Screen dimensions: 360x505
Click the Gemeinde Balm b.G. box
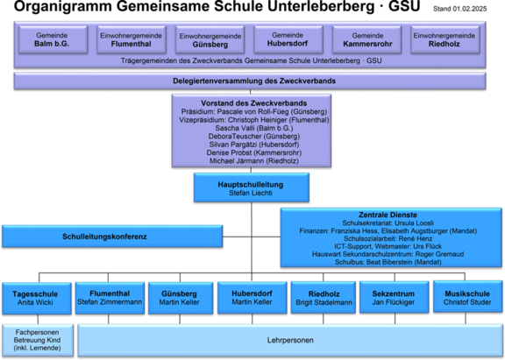pos(51,39)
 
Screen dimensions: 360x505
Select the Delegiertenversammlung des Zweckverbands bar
pos(252,81)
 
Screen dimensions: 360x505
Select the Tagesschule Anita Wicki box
pos(35,297)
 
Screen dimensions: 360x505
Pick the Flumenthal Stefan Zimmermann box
pos(110,297)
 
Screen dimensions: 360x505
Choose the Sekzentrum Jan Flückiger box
pos(394,297)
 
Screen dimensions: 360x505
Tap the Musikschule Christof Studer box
pos(468,297)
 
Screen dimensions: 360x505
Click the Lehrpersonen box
pos(289,339)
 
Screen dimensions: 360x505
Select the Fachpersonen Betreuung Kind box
pos(37,339)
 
